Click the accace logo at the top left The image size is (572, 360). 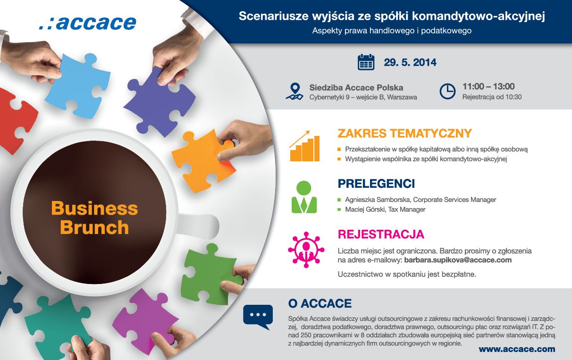click(88, 23)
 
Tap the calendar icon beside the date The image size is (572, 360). click(366, 62)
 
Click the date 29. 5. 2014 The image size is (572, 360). click(410, 63)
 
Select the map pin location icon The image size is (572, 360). click(294, 92)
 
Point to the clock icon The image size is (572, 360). click(447, 91)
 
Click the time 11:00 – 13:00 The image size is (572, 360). click(488, 86)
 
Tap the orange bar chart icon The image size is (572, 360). click(304, 146)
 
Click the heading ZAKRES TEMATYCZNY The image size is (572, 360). click(405, 133)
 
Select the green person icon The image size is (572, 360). click(304, 197)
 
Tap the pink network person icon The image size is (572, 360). click(306, 250)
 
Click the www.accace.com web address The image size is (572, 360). click(517, 349)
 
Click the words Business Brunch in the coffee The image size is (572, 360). click(94, 218)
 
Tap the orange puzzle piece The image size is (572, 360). click(203, 160)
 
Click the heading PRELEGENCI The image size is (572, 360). click(376, 184)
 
